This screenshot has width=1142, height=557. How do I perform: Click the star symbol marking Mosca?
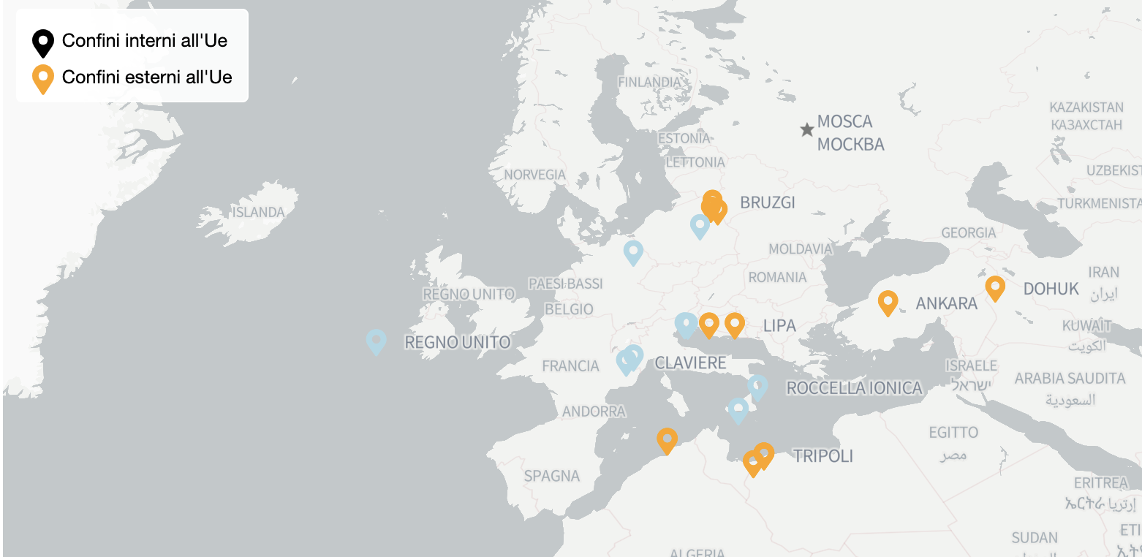coord(807,130)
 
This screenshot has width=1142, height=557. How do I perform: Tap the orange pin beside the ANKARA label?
coord(888,302)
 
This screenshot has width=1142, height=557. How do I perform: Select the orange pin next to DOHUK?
coord(995,287)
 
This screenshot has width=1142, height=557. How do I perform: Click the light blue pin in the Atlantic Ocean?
coord(376,341)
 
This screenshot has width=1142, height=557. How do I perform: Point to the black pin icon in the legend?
coord(43,42)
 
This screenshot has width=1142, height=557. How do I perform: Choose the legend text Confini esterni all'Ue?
coord(147,77)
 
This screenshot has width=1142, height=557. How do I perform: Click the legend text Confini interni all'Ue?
coord(145,41)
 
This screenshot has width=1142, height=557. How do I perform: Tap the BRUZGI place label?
coord(767,202)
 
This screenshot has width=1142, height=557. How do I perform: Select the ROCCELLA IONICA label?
coord(854,388)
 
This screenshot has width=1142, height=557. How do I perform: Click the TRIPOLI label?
coord(823,456)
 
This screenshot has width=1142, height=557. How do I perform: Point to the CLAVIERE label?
coord(690,363)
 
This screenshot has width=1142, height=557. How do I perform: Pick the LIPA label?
coord(779,325)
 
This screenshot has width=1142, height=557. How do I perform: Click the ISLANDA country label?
coord(258,213)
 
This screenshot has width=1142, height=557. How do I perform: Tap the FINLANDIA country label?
coord(649,82)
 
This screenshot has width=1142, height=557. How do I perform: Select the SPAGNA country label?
coord(551,476)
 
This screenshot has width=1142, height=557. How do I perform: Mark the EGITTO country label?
coord(953,432)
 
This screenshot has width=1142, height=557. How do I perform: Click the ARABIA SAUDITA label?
coord(1070,379)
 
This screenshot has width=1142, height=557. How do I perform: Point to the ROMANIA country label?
coord(777,277)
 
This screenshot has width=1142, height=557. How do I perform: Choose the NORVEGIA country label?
coord(534,175)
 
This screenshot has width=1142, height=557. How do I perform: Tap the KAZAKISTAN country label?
coord(1086,107)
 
